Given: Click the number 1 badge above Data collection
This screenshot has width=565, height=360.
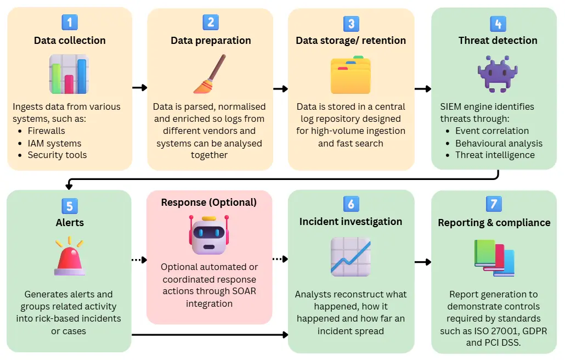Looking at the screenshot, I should click(70, 22).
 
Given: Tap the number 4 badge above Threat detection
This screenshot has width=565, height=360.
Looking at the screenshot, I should click(498, 24).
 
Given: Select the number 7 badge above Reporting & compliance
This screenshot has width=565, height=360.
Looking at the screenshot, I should click(494, 204).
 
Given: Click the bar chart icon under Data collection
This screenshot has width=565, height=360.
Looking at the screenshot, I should click(69, 74).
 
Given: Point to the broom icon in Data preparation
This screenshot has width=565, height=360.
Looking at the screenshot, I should click(210, 74).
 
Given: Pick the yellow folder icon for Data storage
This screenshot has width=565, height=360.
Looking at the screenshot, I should click(351, 75).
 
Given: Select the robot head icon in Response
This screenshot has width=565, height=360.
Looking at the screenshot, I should click(209, 234).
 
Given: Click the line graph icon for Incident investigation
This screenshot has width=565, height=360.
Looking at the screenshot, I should click(351, 256).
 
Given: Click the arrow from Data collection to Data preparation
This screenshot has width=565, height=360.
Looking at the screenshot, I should click(140, 88).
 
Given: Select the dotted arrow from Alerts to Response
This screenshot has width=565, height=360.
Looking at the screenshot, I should click(139, 260).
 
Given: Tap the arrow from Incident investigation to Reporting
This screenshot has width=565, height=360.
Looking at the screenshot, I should click(423, 262).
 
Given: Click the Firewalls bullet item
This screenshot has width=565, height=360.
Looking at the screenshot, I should click(47, 131).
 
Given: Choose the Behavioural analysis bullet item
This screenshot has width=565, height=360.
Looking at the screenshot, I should click(499, 143).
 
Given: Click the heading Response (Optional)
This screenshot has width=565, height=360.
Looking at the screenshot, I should click(209, 203).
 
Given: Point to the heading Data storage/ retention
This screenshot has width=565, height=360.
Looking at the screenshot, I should click(351, 41).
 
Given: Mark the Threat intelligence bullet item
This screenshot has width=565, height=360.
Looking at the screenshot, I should click(495, 155).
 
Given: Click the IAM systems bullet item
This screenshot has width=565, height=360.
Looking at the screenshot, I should click(54, 143).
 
